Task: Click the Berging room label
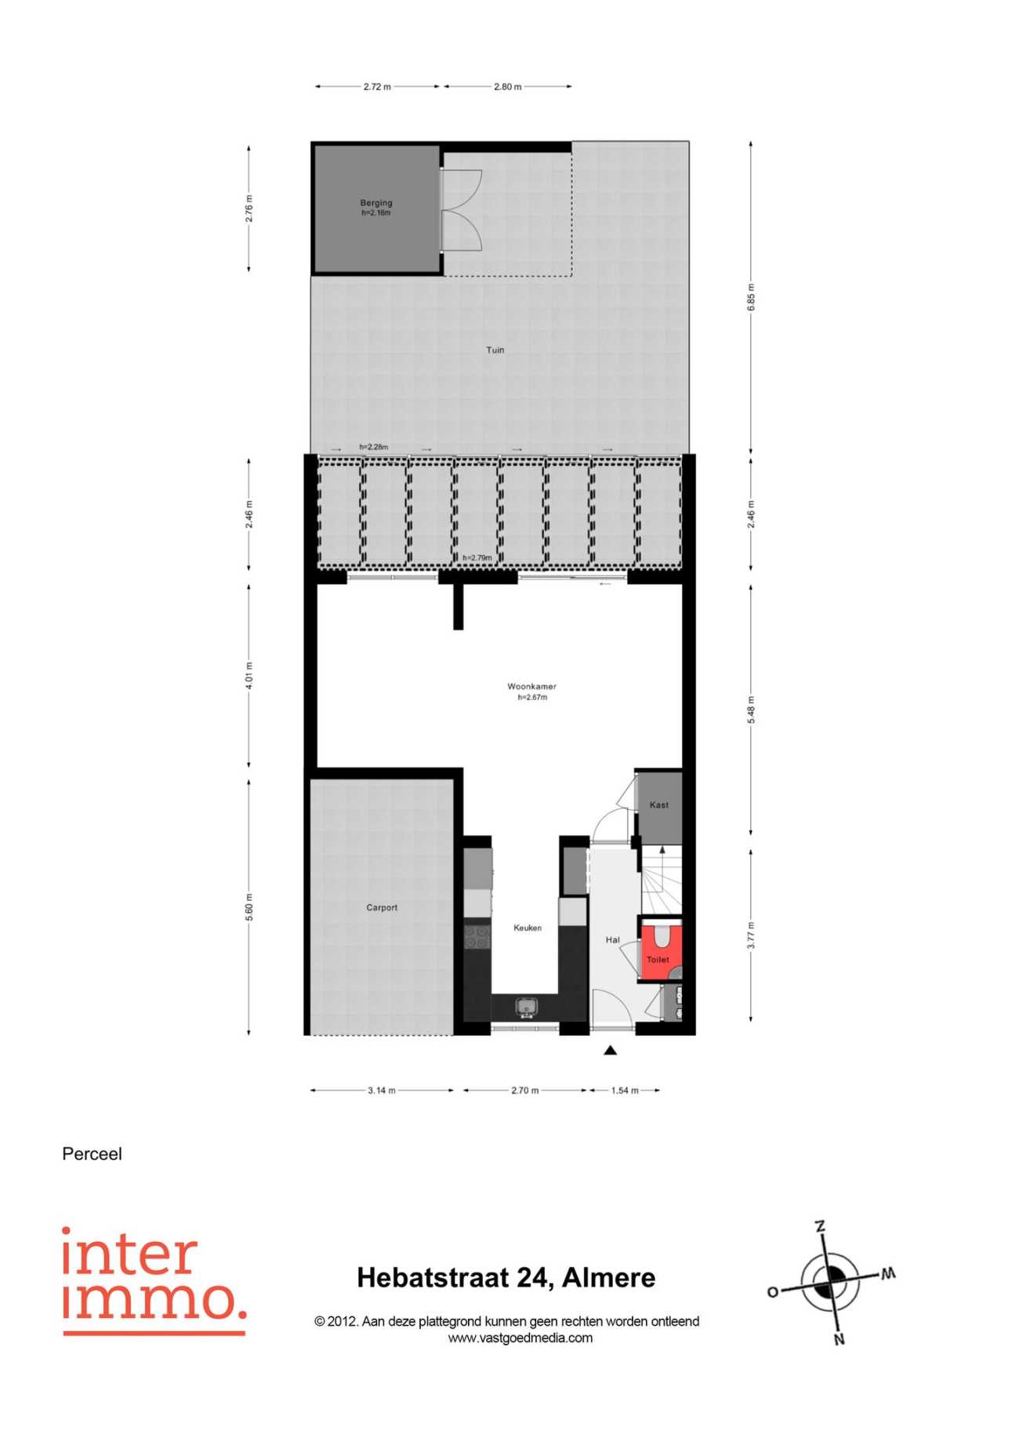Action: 376,203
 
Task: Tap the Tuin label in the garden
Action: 495,350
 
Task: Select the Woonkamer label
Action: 531,687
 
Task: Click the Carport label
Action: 382,908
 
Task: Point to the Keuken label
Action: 528,927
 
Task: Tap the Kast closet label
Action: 659,805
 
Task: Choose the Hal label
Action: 612,939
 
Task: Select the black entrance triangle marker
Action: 611,1051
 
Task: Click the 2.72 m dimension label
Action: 377,87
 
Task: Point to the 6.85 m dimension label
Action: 751,297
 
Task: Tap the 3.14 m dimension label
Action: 382,1091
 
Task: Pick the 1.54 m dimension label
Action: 625,1091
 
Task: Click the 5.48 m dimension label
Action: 751,710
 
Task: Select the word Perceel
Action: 92,1154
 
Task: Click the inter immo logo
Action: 154,1281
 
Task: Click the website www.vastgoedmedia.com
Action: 520,1338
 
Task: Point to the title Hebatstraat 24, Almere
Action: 506,1278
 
